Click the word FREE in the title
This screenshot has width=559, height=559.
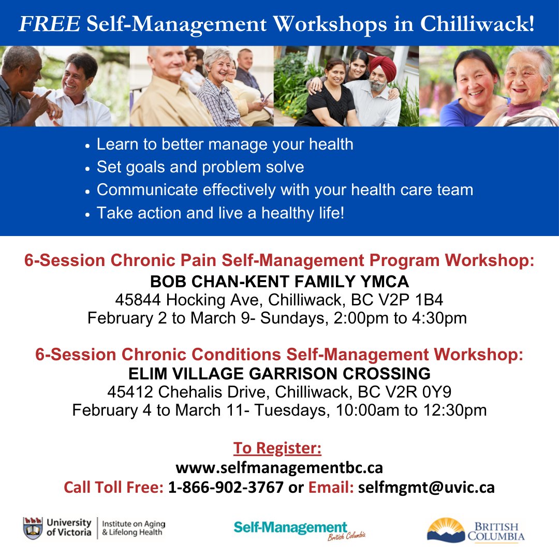pos(49,24)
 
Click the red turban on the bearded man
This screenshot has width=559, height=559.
pos(383,67)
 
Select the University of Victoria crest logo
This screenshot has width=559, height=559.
pos(33,528)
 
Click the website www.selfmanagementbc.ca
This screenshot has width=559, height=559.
pos(279,467)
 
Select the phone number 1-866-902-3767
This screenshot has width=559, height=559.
pos(226,487)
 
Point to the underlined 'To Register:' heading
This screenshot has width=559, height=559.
pos(277,448)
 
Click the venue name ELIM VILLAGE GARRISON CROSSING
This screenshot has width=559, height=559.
pos(279,373)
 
